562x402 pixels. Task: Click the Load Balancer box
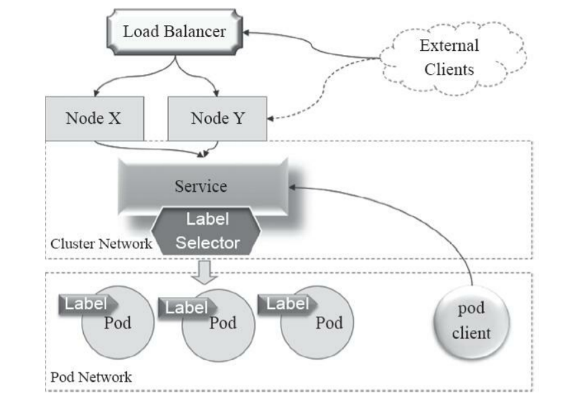coord(174,31)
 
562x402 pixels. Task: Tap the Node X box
coord(93,119)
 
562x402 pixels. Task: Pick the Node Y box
coord(218,119)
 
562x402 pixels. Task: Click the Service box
coord(201,186)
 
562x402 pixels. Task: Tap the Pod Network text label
coord(90,378)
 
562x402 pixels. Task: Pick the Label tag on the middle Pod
coord(186,307)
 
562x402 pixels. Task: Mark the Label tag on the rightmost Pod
coord(287,303)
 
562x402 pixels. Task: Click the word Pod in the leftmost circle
coord(117,323)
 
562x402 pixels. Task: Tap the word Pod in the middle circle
coord(223,323)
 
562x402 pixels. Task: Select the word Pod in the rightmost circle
coord(328,323)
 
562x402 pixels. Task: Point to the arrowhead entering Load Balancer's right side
coord(246,31)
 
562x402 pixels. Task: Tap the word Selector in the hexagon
coord(207,242)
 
